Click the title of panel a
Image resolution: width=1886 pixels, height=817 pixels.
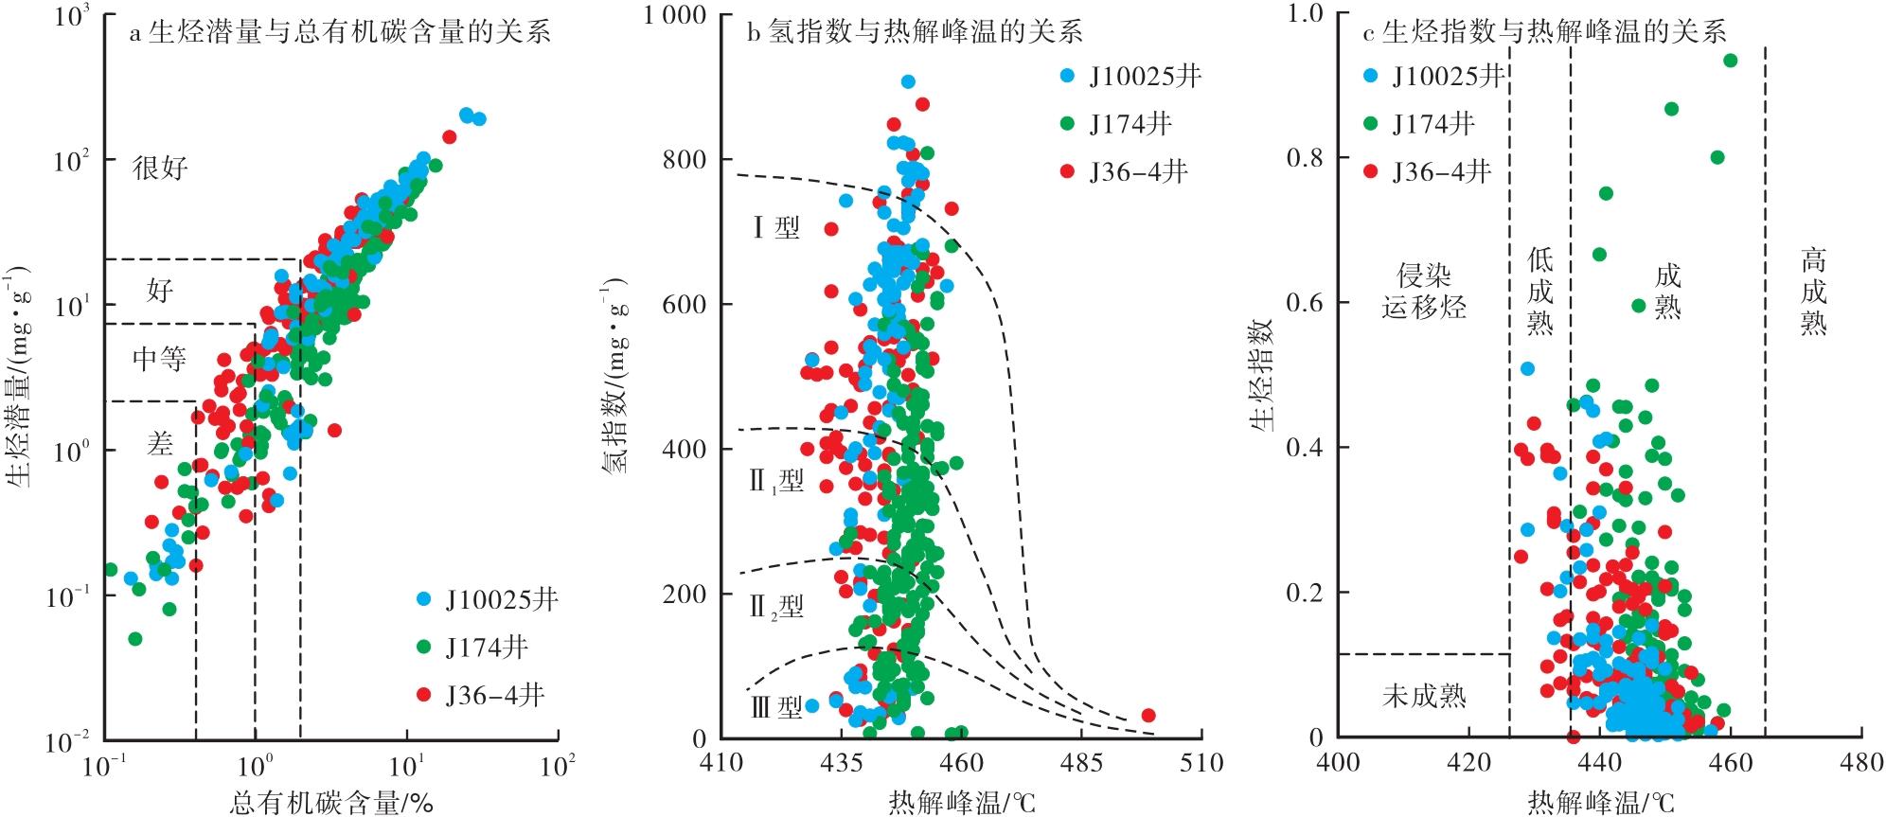point(339,33)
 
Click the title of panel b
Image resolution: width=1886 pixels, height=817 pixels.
point(915,33)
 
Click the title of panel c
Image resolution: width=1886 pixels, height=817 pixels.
point(1544,33)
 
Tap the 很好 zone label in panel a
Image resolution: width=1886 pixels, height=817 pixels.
point(160,169)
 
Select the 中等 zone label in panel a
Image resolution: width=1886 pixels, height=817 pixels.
point(159,359)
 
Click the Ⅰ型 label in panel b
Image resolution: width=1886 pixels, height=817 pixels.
point(776,227)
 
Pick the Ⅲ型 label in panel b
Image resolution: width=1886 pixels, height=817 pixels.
point(776,707)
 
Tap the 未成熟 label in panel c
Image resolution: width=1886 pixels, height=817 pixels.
point(1423,697)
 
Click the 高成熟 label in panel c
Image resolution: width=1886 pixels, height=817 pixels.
point(1813,291)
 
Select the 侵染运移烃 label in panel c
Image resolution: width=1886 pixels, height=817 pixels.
point(1423,291)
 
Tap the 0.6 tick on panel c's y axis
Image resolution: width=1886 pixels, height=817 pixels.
point(1306,303)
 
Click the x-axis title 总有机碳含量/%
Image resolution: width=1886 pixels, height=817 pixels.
point(331,803)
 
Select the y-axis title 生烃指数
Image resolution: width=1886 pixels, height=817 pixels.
point(1261,375)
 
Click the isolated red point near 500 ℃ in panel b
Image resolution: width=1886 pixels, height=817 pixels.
point(1148,716)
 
